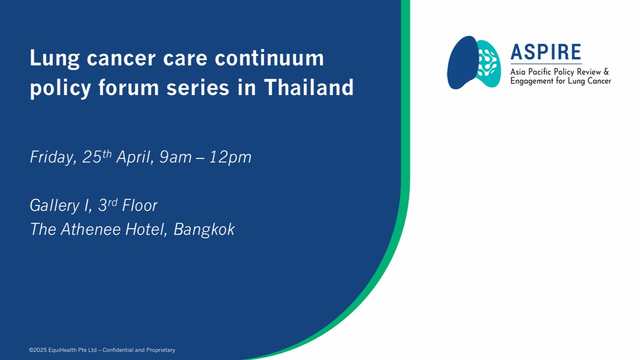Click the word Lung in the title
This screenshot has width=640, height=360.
coord(54,59)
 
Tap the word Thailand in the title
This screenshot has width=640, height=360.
coord(309,87)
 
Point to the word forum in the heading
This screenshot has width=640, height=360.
coord(128,87)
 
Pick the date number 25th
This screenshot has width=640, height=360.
coord(97,156)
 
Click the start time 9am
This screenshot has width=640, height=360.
coord(176,157)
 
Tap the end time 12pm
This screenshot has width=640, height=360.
coord(230,157)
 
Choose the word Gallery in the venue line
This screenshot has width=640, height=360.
coord(54,206)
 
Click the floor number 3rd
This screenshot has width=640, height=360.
coord(108,205)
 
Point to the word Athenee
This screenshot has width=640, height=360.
coord(91,229)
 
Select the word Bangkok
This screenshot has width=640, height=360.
coord(204,230)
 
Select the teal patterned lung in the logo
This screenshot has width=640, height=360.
coord(488,63)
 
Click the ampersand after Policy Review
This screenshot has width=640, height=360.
coord(606,72)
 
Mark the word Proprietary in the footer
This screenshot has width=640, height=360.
coord(161,350)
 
